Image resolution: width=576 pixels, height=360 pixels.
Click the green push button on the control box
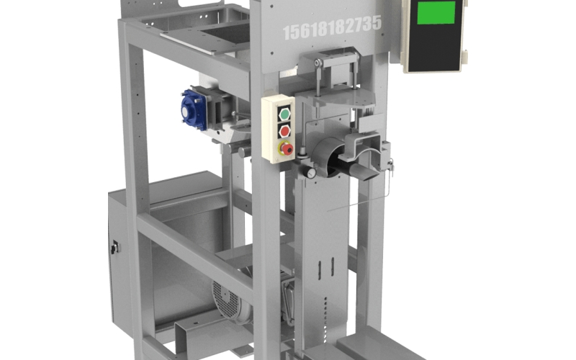pyautogui.click(x=284, y=114)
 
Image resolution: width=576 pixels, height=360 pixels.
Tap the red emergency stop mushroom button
pyautogui.click(x=287, y=149)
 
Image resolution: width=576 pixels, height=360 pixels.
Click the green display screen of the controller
pyautogui.click(x=436, y=12)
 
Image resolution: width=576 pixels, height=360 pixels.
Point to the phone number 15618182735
pyautogui.click(x=333, y=27)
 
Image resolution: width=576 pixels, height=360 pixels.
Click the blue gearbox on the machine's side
pyautogui.click(x=193, y=109)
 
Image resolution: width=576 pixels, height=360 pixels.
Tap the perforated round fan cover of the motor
pyautogui.click(x=226, y=301)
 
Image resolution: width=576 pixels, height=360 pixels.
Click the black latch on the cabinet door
pyautogui.click(x=114, y=247)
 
